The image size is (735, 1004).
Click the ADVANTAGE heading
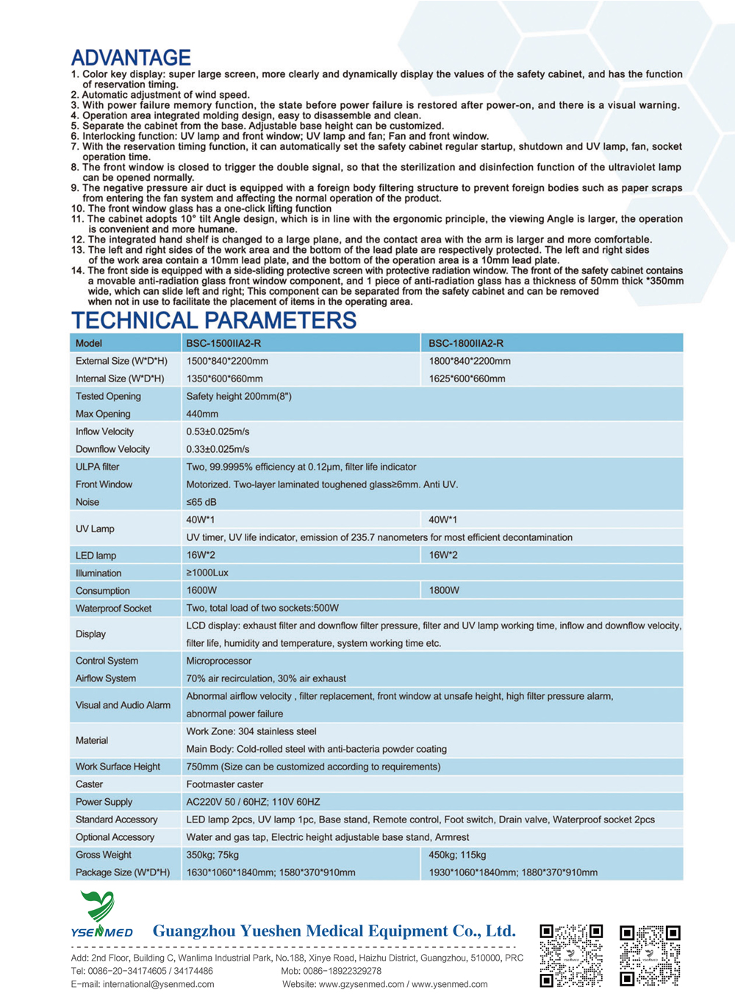[131, 57]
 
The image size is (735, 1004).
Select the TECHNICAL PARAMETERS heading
[213, 320]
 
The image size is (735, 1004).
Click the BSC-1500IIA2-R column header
[223, 343]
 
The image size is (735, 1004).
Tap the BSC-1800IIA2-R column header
[466, 343]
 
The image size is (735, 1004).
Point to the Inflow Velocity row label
[104, 431]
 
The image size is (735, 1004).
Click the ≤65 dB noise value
[201, 502]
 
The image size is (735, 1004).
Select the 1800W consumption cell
[444, 590]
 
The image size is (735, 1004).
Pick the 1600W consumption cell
[201, 590]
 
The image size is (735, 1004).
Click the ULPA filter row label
[97, 467]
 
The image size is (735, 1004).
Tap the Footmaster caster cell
[224, 784]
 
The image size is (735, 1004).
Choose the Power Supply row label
[104, 802]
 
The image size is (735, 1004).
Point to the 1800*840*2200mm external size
[470, 361]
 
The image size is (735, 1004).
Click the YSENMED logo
[101, 915]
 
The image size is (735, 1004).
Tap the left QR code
[571, 955]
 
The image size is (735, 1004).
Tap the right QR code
[650, 955]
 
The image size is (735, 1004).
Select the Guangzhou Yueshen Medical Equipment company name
[334, 931]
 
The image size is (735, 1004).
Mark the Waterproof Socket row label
[113, 608]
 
